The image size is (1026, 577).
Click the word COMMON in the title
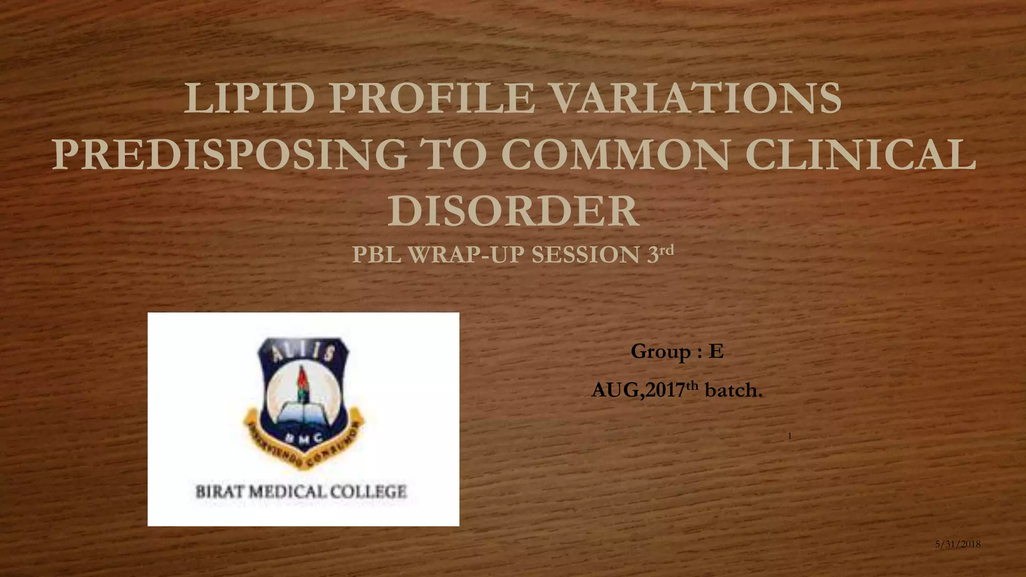[x=615, y=155]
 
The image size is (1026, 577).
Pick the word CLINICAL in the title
[x=860, y=155]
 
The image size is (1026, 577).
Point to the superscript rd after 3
[x=667, y=250]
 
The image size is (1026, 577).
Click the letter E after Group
[x=716, y=352]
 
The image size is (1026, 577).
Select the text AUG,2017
[x=637, y=390]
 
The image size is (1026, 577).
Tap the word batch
[x=733, y=390]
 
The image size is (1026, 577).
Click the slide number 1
[x=790, y=436]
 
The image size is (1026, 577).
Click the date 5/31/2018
[x=957, y=544]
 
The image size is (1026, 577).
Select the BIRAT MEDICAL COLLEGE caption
[x=301, y=491]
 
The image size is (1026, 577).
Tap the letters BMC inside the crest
[x=302, y=437]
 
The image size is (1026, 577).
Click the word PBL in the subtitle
[x=377, y=255]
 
